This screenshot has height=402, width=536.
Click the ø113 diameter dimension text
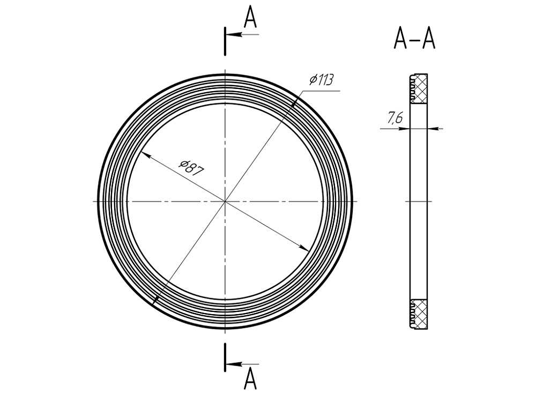coord(321,80)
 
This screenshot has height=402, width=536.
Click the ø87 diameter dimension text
coord(192,167)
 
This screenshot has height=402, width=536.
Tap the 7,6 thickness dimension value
coord(395,118)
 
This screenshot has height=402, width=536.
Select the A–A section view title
coord(415,39)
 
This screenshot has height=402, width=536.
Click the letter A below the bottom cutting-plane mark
coord(250,379)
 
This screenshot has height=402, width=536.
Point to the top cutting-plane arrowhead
coord(234,34)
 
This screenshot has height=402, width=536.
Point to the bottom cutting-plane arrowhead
coord(234,364)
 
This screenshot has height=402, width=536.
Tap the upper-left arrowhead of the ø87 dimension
coord(146,155)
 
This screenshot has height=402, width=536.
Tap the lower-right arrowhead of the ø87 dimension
coord(304,248)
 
